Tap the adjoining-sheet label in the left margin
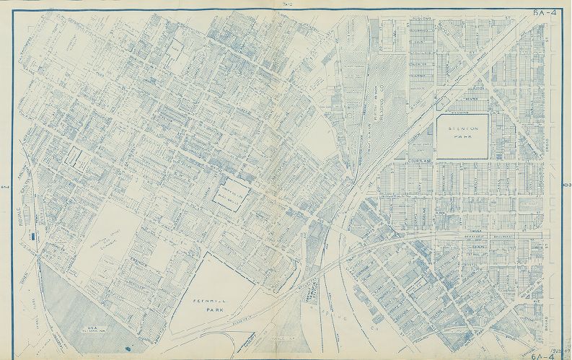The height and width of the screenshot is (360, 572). pos(4,187)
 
